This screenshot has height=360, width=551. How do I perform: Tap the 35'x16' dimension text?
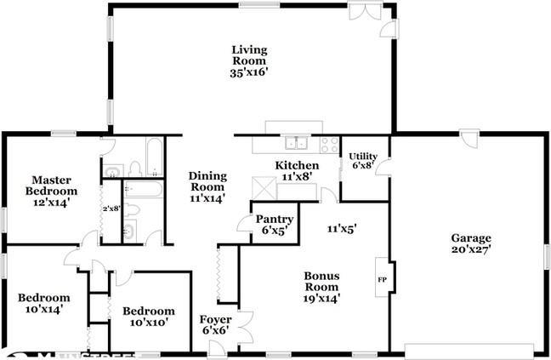248,73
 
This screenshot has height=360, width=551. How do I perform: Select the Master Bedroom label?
50,186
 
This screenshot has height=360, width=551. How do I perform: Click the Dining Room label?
207,180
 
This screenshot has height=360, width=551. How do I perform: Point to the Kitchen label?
297,165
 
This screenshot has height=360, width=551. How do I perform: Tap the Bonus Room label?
321,281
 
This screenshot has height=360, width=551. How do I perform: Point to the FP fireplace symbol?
380,278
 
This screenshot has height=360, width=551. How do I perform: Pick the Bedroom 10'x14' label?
43,304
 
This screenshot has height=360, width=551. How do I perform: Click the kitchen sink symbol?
296,143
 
